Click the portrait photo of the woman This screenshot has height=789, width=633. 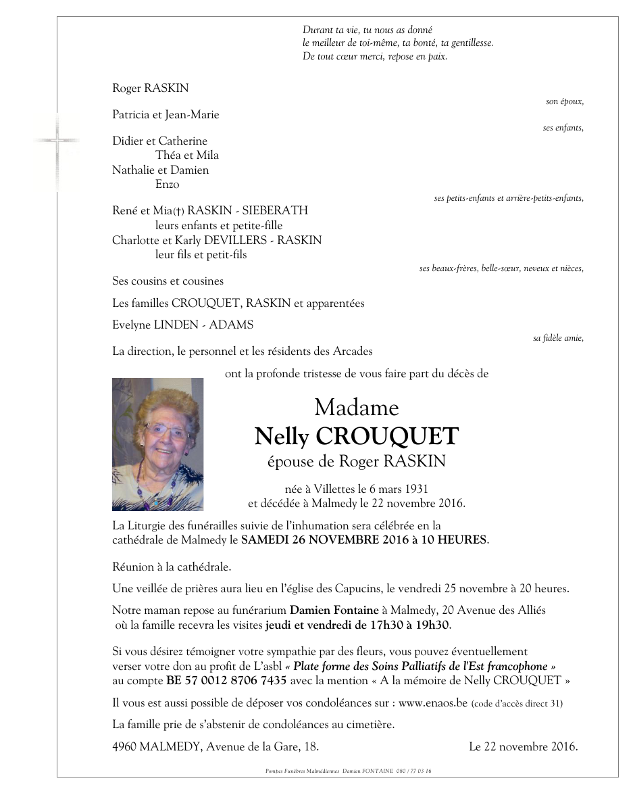coord(157,444)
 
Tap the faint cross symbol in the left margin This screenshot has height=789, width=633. coord(57,141)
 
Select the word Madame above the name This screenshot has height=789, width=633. coord(356,408)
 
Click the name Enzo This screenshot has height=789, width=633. coord(167,184)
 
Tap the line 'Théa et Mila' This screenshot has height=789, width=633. coord(186,156)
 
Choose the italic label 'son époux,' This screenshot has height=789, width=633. coord(564,101)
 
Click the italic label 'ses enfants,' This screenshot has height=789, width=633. coord(563,128)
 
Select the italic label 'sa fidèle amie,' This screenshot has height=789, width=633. coord(558,338)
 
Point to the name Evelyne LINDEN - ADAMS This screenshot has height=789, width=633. coord(182,325)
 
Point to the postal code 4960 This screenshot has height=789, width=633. coord(125,747)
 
